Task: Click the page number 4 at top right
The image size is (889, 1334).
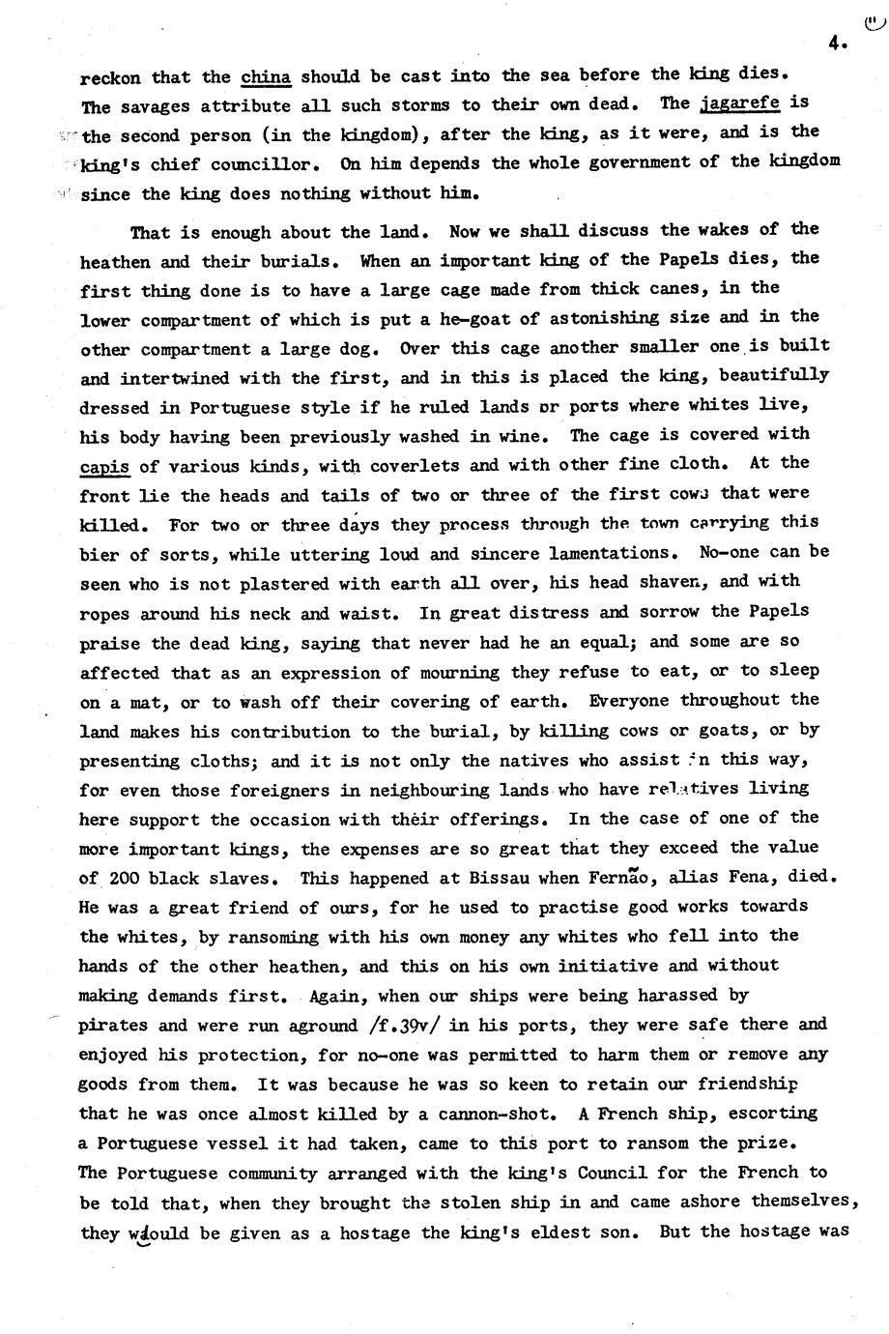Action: [836, 42]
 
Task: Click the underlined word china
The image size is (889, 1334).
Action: [266, 76]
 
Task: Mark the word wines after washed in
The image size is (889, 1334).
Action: [533, 437]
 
